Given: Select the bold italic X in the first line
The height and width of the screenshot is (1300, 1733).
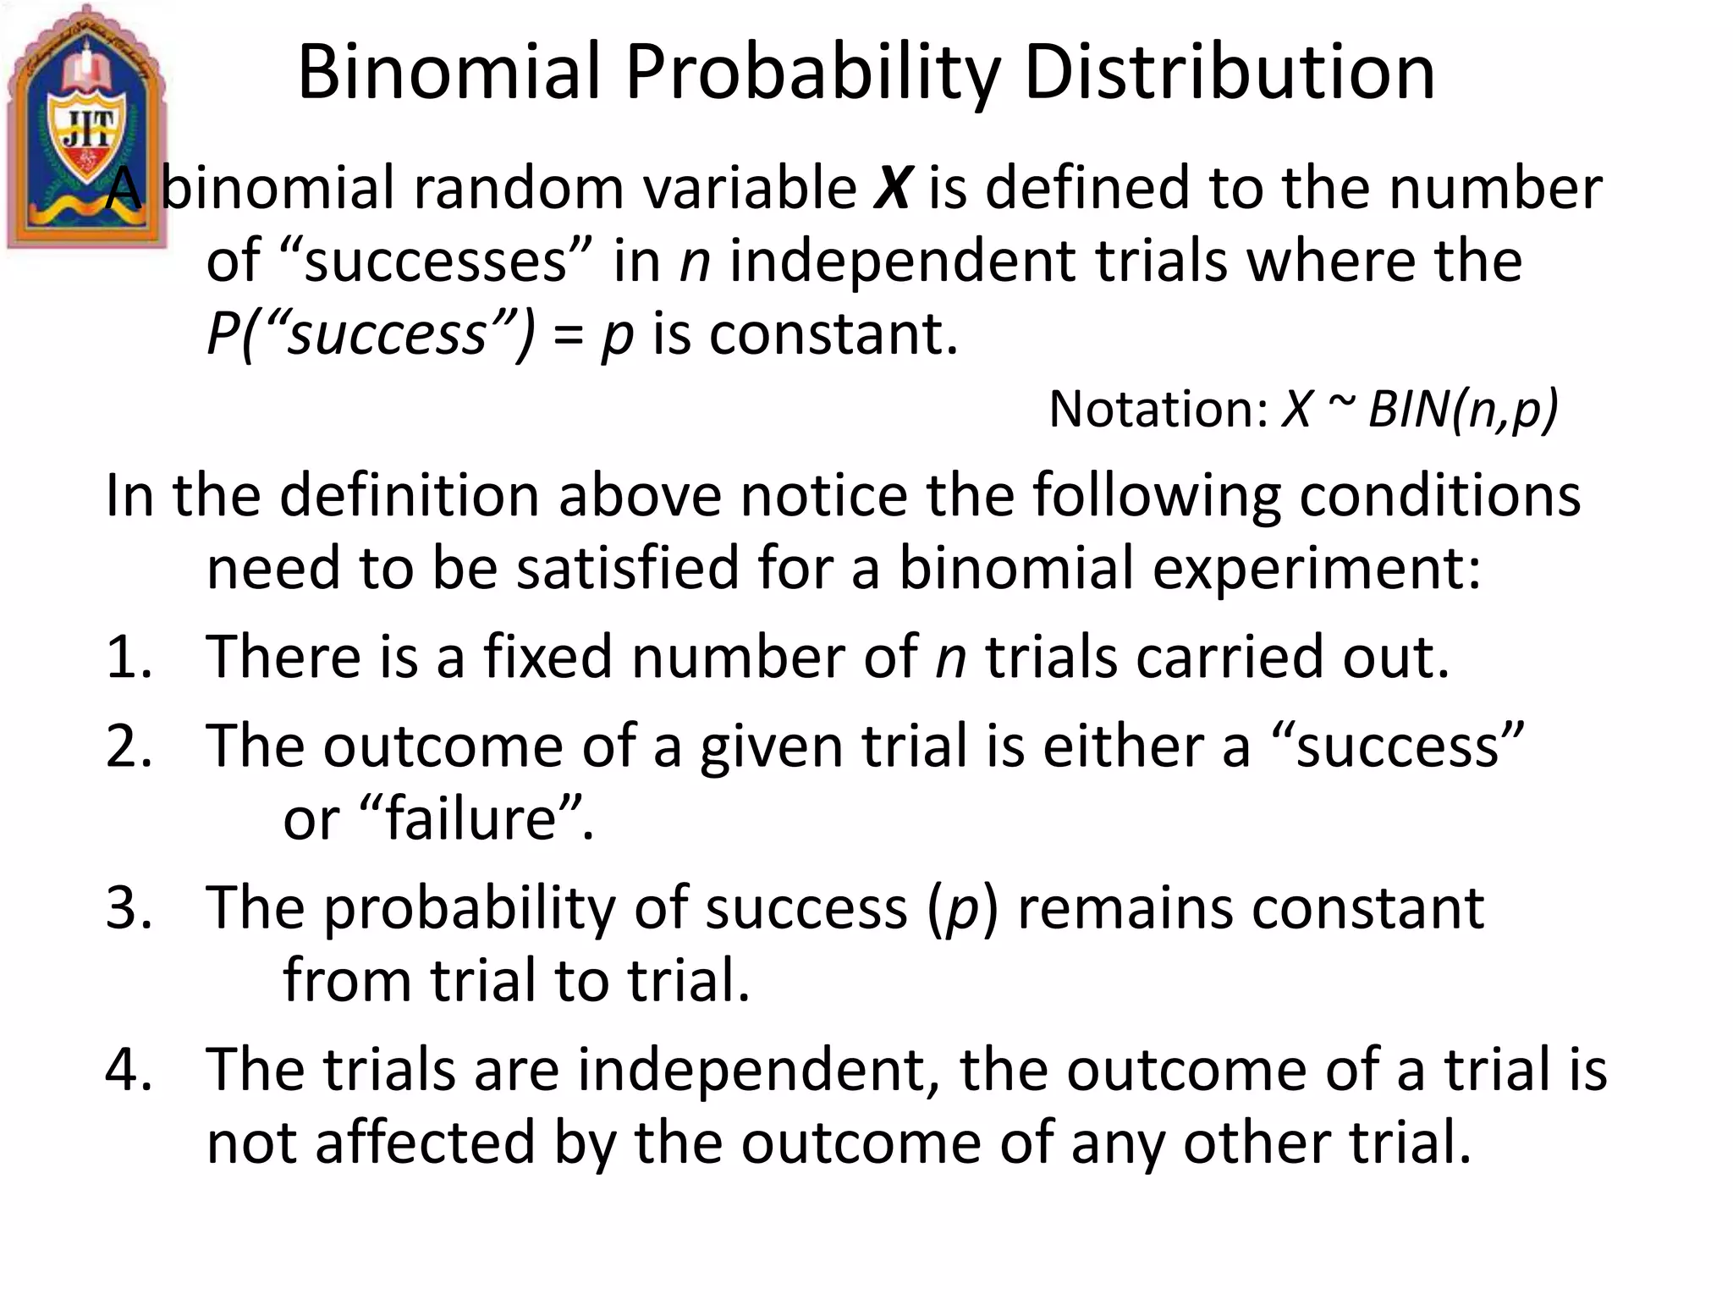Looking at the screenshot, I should coord(891,188).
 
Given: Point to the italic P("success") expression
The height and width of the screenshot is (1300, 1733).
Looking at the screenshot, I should coord(371,335).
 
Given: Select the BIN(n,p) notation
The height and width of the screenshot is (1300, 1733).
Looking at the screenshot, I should coord(1462,410).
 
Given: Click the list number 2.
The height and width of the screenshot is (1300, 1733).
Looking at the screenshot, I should coord(129,746).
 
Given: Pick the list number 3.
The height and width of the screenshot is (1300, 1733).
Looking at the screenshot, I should coord(129,908).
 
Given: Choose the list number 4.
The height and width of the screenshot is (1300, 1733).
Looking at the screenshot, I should coord(129,1070).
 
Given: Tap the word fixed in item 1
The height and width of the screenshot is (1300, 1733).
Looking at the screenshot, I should coord(547,658).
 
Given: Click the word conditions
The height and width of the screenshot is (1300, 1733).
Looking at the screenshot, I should coord(1439,496).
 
